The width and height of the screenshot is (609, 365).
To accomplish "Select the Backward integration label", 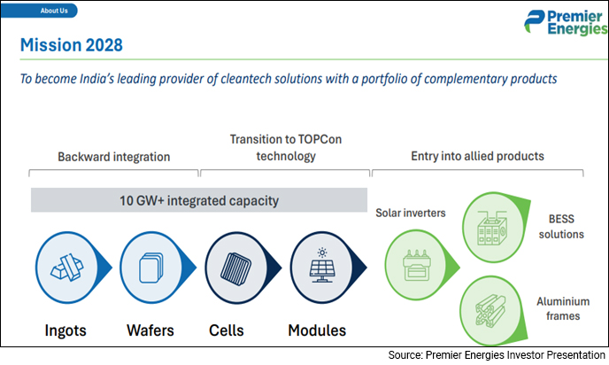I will [x=113, y=156].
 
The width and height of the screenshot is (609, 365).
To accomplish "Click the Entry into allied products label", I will [x=477, y=156].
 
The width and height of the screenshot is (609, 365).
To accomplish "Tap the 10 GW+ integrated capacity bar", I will [x=199, y=201].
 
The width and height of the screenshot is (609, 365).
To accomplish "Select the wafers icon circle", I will [x=156, y=267].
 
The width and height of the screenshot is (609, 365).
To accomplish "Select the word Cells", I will [x=227, y=331].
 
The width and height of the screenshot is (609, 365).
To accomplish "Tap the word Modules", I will [x=317, y=331].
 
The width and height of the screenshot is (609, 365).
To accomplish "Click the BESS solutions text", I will [x=560, y=229].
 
